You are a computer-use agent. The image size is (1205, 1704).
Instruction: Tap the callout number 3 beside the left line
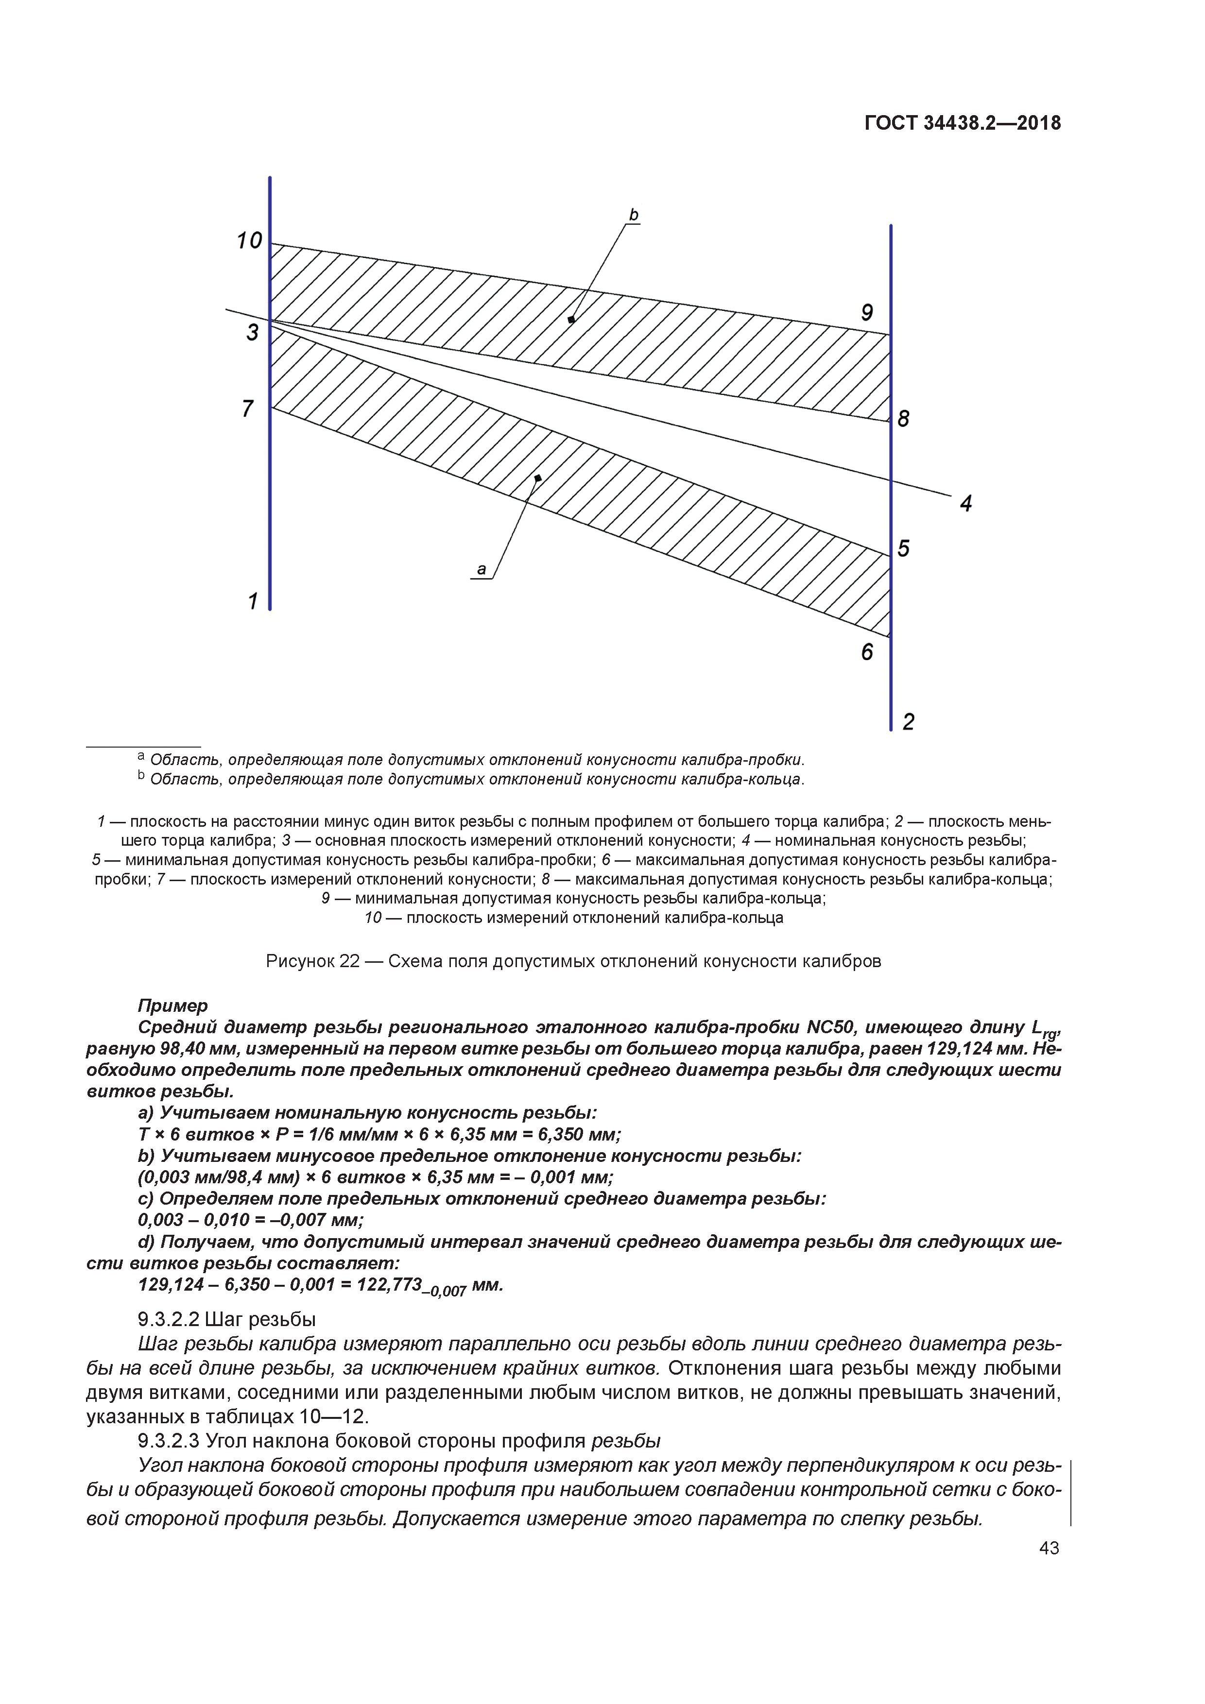coord(253,332)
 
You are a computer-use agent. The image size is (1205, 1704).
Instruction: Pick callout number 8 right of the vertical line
coord(904,419)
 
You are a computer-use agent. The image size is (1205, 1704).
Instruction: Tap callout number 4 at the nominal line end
coord(965,504)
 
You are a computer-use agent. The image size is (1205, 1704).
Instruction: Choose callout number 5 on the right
coord(904,548)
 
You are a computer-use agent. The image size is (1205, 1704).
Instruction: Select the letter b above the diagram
coord(633,215)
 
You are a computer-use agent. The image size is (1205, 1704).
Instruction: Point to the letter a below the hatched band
coord(481,569)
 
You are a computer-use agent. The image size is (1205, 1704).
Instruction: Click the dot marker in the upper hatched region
coord(571,320)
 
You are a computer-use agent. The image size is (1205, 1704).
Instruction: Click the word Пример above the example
coord(173,1005)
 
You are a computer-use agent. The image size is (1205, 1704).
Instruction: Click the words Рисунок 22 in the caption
coord(312,961)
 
